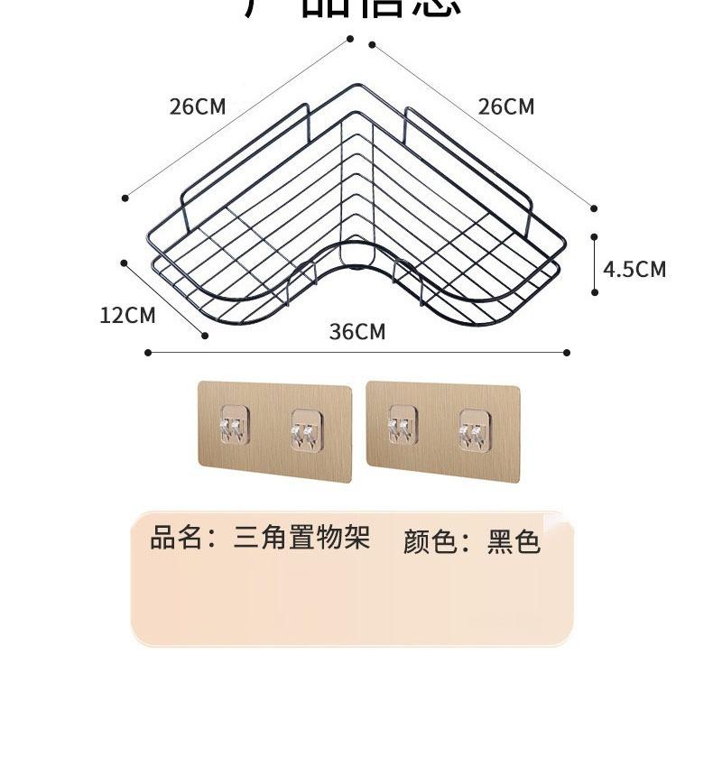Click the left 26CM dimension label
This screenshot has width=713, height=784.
(198, 106)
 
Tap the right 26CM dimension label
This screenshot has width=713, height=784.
(506, 106)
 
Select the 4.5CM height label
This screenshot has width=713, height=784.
(634, 269)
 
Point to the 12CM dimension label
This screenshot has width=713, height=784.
(127, 315)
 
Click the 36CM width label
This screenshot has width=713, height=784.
(357, 332)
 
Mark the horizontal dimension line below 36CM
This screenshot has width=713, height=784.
(357, 353)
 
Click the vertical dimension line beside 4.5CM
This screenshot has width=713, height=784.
(595, 264)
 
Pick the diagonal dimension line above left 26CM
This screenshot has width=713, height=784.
(237, 118)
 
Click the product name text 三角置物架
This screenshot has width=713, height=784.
(301, 539)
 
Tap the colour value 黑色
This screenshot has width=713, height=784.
(514, 541)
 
